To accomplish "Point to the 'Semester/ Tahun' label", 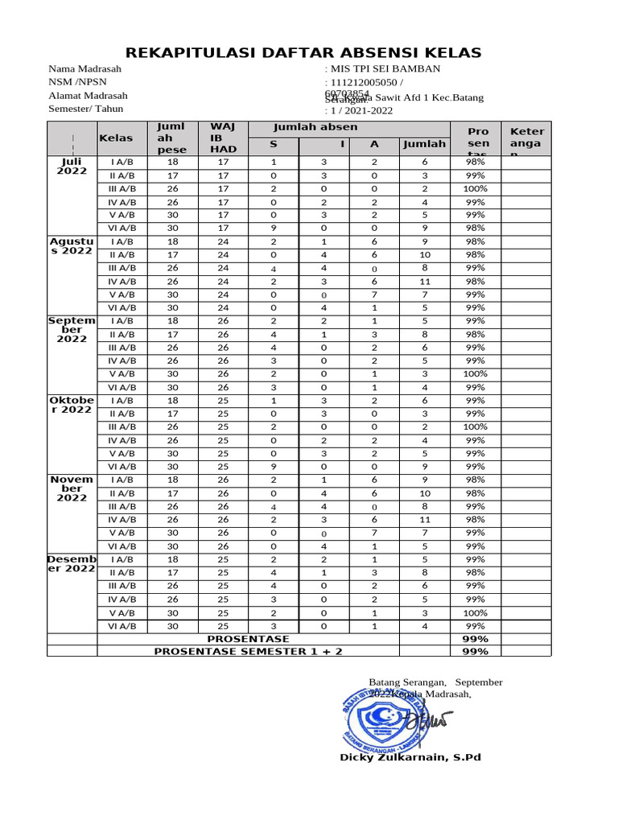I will click(88, 109).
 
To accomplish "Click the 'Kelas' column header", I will click(115, 138).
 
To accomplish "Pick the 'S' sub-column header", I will click(274, 144).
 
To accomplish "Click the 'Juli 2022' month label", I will click(72, 167).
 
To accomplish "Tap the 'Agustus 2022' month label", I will click(72, 246).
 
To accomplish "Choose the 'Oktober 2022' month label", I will click(72, 405).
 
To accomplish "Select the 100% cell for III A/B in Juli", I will click(475, 188).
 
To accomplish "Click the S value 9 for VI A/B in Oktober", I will click(274, 466).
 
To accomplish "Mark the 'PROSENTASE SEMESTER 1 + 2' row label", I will click(248, 651).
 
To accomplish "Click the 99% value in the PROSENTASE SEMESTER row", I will click(475, 651).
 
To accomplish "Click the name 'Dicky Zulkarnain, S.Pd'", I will click(410, 757).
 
